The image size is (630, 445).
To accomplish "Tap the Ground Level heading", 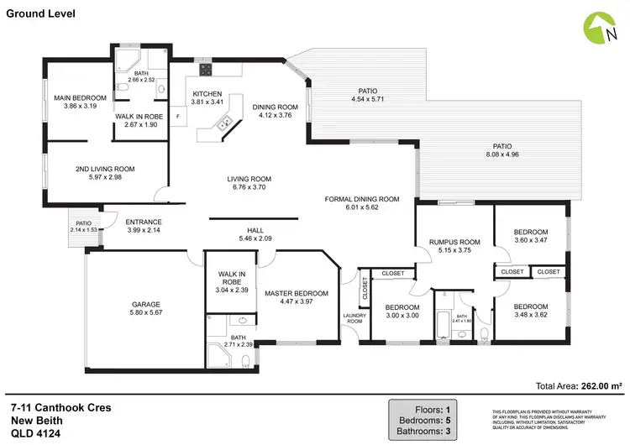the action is coord(40,14).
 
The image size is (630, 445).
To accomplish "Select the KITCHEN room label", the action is coord(207,93).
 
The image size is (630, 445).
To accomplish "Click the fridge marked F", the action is coord(177,116).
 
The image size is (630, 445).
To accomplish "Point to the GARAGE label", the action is coord(145,305).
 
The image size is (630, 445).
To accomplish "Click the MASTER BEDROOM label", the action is coord(296,293).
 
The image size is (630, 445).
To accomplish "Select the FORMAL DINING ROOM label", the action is coord(362,199).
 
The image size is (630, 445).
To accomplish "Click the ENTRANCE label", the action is coord(143,222).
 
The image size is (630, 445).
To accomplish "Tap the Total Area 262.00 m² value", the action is coord(601,386).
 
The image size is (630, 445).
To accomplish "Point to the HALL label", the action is coord(255,229).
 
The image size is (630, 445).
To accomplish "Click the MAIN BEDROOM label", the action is coord(81,98).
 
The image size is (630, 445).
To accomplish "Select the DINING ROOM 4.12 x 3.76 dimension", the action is coord(276,115).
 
